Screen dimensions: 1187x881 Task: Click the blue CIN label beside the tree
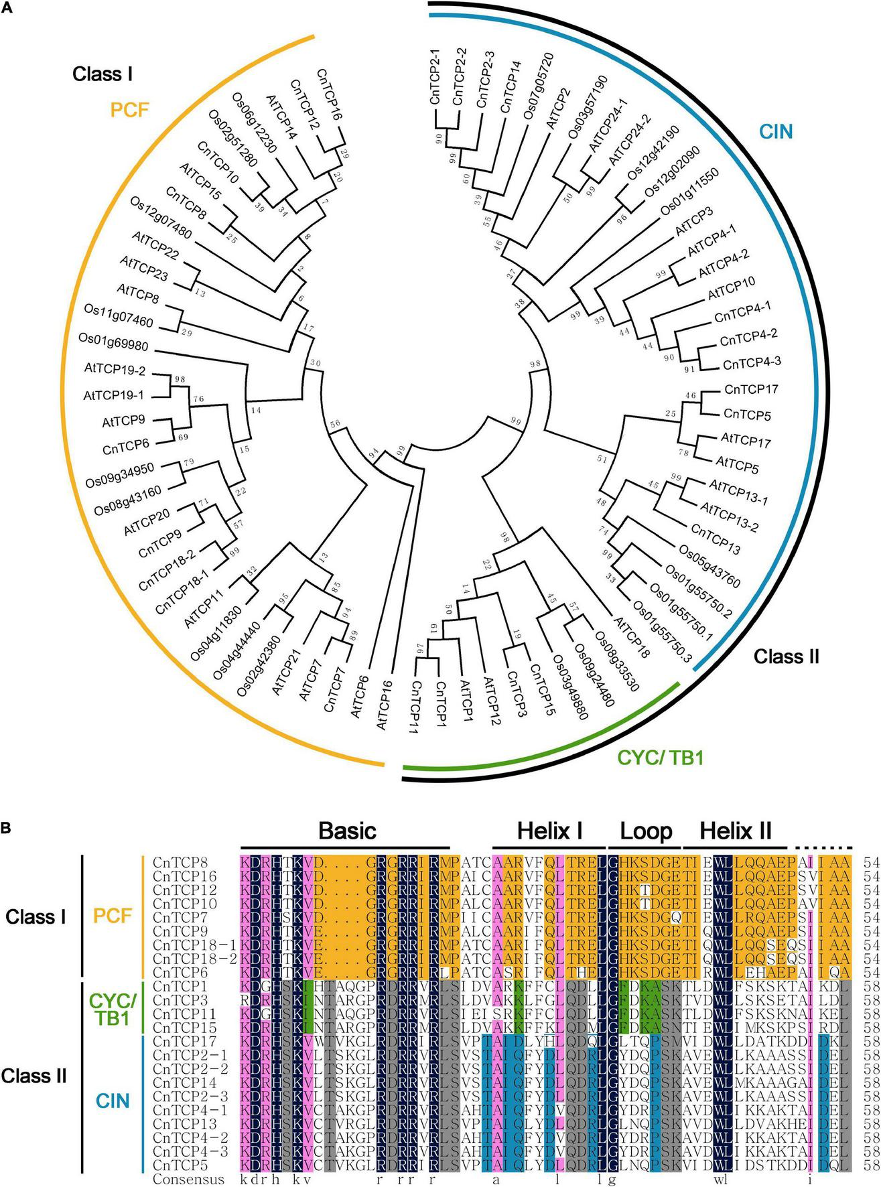[x=776, y=132]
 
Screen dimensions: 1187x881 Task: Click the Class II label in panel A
[x=787, y=656]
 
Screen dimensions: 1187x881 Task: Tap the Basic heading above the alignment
[x=347, y=831]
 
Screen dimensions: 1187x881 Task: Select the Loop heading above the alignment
[x=646, y=831]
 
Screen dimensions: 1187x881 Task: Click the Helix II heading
[x=736, y=831]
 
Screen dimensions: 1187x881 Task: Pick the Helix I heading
[x=549, y=831]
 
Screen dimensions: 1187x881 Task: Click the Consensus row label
[x=188, y=1180]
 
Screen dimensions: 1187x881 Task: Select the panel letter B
[x=6, y=828]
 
